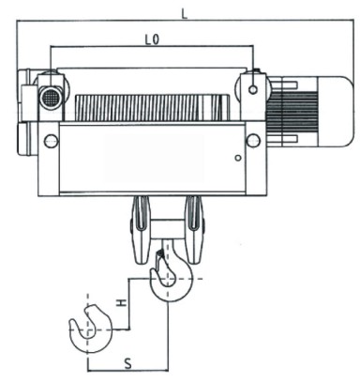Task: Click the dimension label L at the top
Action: point(185,13)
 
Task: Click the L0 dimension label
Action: point(152,39)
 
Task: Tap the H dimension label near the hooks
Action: point(121,303)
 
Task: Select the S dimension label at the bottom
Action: point(127,363)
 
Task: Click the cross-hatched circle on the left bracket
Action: point(50,99)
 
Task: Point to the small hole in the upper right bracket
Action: point(253,90)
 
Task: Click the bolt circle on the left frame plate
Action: point(52,141)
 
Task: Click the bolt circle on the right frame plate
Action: point(253,140)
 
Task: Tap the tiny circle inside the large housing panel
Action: point(238,158)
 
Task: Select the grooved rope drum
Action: point(151,108)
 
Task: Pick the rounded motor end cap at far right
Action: point(336,112)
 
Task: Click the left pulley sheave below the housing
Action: point(141,229)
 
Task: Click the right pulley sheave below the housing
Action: point(194,229)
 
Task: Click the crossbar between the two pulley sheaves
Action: point(168,229)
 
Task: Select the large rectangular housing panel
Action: point(152,159)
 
